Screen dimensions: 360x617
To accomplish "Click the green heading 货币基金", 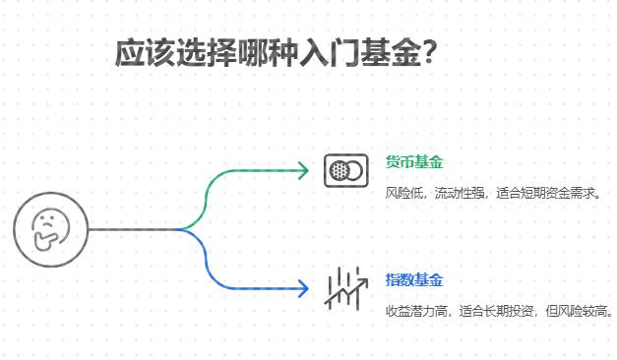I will pyautogui.click(x=414, y=162).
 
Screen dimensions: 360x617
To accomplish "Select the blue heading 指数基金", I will pyautogui.click(x=414, y=279).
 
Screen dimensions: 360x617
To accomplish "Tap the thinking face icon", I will pyautogui.click(x=50, y=230).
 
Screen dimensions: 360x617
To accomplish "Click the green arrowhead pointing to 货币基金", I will pyautogui.click(x=303, y=170).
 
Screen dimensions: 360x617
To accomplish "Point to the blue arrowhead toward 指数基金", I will pyautogui.click(x=303, y=289).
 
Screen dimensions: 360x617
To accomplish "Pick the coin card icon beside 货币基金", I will pyautogui.click(x=344, y=170).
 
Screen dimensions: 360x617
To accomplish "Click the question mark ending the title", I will pyautogui.click(x=428, y=52).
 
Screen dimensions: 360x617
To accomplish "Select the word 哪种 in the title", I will pyautogui.click(x=265, y=52).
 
